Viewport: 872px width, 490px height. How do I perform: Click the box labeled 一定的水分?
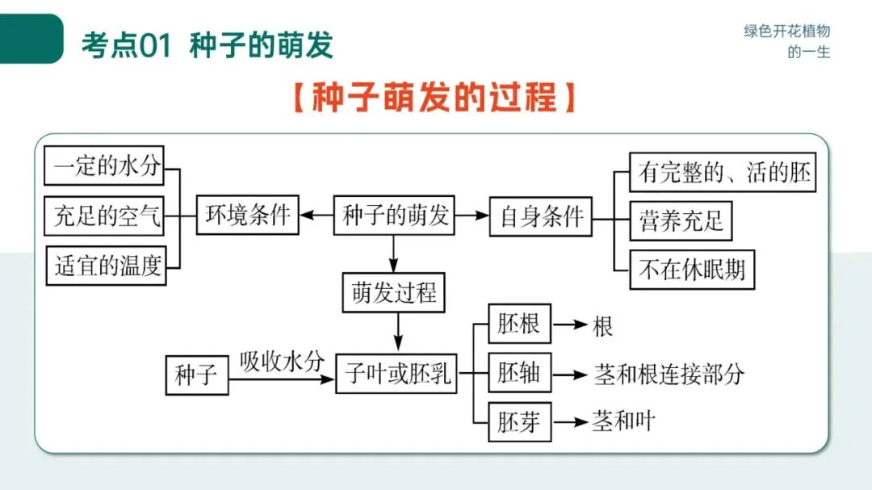[104, 167]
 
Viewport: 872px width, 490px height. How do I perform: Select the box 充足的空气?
[104, 216]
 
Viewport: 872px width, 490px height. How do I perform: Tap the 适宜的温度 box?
[106, 265]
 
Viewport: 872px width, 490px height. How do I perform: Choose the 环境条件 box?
[248, 216]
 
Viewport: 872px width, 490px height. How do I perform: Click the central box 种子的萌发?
[394, 216]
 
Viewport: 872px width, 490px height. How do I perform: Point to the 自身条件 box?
[541, 216]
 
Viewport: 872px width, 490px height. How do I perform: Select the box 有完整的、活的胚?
[723, 172]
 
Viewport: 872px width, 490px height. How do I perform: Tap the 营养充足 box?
[681, 220]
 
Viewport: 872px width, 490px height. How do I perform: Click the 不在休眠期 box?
[692, 269]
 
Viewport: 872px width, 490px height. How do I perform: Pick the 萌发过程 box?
[394, 292]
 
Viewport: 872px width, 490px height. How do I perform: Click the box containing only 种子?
[196, 375]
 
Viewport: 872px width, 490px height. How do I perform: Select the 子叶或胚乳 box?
[396, 374]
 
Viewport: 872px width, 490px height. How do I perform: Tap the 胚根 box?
[519, 325]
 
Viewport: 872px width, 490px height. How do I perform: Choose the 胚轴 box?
[519, 374]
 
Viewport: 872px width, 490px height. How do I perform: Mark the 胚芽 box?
[519, 421]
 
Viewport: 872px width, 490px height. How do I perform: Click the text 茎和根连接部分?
[669, 375]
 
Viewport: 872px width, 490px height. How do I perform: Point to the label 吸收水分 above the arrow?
[281, 361]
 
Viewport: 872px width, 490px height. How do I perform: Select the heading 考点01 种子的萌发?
[207, 45]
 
